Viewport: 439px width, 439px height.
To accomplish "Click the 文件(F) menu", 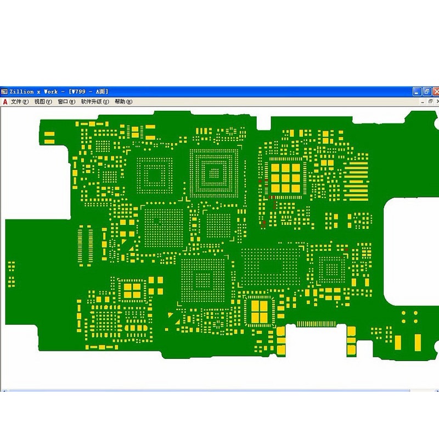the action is tap(20, 102).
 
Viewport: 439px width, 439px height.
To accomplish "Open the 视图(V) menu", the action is tap(43, 102).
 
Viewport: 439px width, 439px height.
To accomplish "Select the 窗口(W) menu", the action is tap(66, 102).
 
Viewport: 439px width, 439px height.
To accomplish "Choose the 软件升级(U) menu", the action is tap(95, 102).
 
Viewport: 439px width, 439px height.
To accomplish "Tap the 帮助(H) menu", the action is tap(123, 102).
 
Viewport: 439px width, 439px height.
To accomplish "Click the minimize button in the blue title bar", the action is tap(417, 92).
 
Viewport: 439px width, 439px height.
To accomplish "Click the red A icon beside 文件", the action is tap(5, 102).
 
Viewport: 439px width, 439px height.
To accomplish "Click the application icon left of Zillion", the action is tap(4, 92).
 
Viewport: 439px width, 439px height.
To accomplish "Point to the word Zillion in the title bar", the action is tap(21, 92).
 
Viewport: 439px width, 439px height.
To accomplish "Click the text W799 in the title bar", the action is tap(78, 92).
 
